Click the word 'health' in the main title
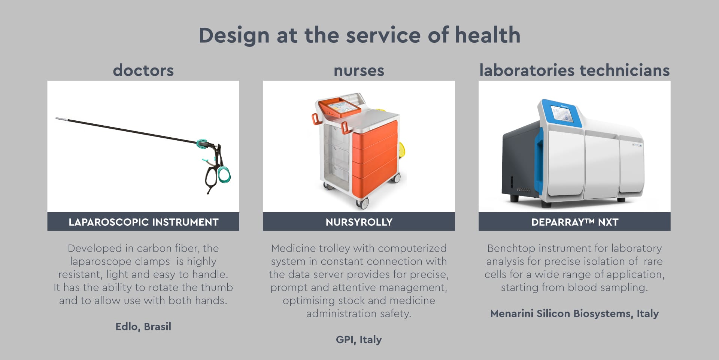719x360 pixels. pyautogui.click(x=488, y=35)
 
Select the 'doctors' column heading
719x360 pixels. pyautogui.click(x=143, y=70)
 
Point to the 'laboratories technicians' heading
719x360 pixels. pyautogui.click(x=574, y=70)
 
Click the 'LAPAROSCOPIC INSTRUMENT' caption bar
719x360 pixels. pyautogui.click(x=143, y=222)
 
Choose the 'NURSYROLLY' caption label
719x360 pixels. pyautogui.click(x=359, y=222)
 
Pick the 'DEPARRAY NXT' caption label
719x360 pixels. pyautogui.click(x=574, y=222)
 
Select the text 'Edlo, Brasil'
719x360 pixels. pyautogui.click(x=143, y=327)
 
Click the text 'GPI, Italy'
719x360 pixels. pyautogui.click(x=359, y=340)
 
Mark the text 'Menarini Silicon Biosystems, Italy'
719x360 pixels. pyautogui.click(x=574, y=313)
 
